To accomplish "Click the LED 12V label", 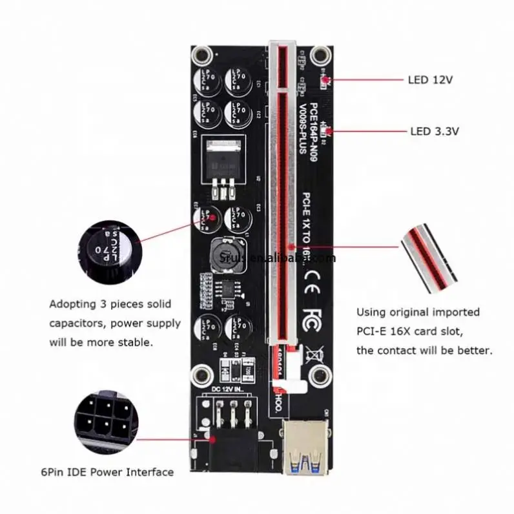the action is pos(430,80).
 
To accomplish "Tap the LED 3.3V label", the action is pos(434,131).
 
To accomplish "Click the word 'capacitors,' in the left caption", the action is pos(77,322).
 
